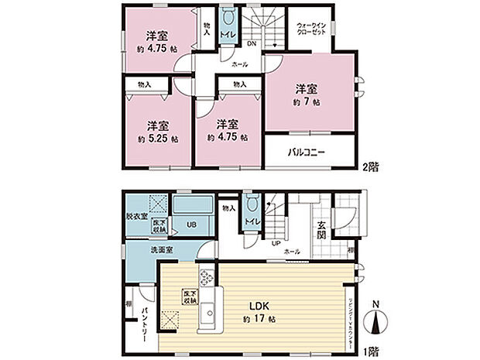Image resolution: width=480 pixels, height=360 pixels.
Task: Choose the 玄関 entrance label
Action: click(x=321, y=230)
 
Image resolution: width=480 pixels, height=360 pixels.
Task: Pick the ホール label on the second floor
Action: click(x=240, y=66)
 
